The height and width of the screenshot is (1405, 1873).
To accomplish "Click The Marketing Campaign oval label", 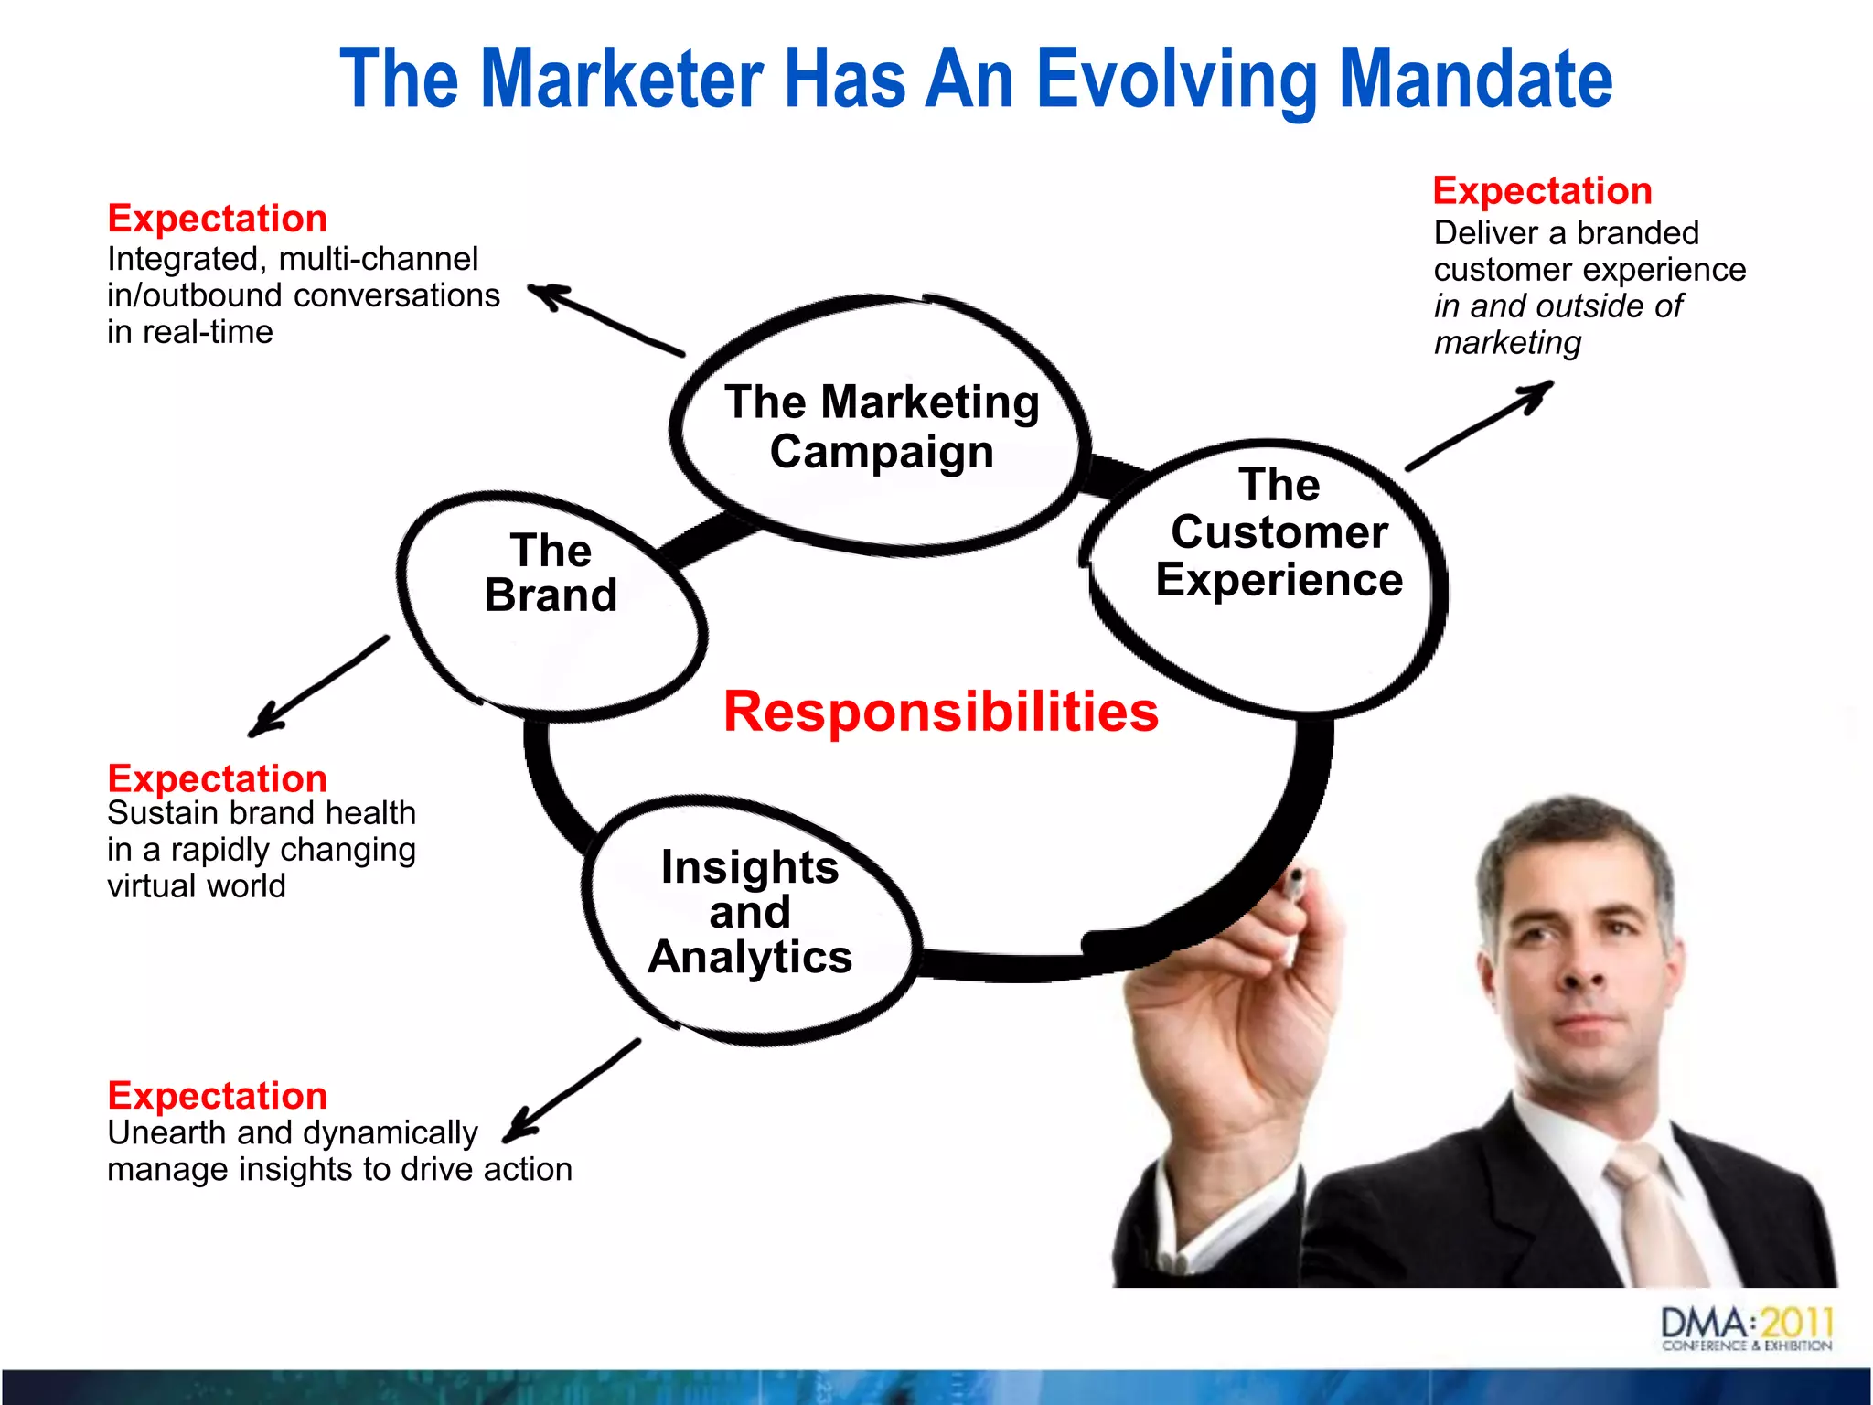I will pos(882,426).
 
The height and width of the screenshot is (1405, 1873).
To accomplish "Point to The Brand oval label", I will pos(551,574).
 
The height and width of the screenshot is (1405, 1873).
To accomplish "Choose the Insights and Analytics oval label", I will pos(750,912).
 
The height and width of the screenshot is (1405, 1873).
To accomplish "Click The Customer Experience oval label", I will pos(1279,532).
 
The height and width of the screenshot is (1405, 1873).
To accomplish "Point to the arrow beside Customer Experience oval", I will pos(1480,426).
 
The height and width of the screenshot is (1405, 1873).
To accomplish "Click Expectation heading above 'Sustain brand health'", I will pos(217,778).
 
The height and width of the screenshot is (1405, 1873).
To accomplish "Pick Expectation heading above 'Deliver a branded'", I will pos(1542,191).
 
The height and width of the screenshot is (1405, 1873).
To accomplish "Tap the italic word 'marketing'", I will pos(1507,343).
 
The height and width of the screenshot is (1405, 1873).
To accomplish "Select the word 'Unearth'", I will pos(166,1133).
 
